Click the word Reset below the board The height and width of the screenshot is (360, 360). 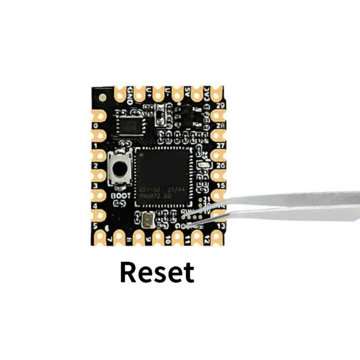[x=157, y=272]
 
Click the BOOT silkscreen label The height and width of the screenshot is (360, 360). [x=120, y=196]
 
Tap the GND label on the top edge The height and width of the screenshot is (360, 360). [x=130, y=95]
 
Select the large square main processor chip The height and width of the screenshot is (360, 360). [x=162, y=173]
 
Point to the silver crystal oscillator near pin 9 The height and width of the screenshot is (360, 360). [x=147, y=220]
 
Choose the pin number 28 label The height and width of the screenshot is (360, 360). [x=220, y=125]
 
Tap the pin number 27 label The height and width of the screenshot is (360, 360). [x=220, y=146]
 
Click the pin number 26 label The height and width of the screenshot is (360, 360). [x=220, y=166]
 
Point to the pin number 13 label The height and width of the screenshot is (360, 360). [x=221, y=225]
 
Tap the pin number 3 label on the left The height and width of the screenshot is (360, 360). [x=95, y=185]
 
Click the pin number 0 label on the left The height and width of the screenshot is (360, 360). [x=94, y=126]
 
